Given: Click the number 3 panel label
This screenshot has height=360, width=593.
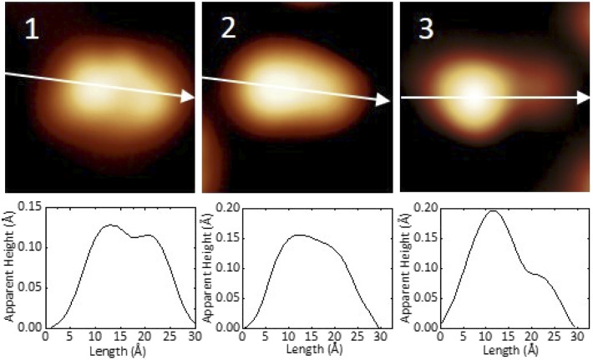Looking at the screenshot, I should click(426, 29).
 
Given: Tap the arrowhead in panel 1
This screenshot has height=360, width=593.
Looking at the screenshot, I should click(188, 98).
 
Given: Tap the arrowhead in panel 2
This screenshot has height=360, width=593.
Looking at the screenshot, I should click(383, 99).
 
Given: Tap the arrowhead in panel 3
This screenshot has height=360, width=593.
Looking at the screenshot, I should click(583, 98).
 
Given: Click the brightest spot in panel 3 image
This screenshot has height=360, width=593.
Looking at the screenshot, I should click(473, 97).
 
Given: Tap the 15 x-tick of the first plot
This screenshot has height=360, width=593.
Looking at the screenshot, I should click(119, 336).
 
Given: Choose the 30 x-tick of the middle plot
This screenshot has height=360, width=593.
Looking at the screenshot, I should click(380, 336).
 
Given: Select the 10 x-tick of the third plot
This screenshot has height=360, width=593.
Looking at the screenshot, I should click(484, 336).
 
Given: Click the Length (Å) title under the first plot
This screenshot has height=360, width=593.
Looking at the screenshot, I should click(119, 349).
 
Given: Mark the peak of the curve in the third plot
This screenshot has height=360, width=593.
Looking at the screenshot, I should click(493, 210).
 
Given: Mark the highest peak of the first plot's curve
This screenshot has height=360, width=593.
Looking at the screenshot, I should click(109, 225).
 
